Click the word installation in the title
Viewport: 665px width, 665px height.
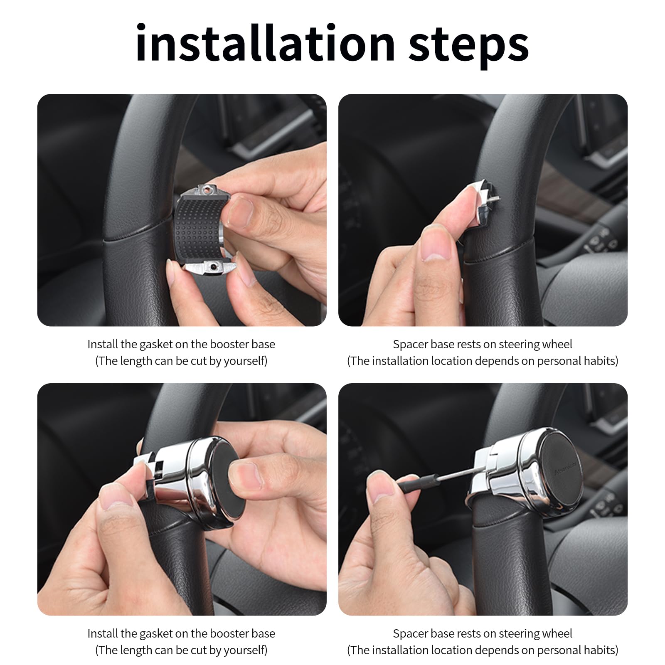265,43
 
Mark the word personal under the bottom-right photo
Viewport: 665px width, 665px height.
556,650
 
